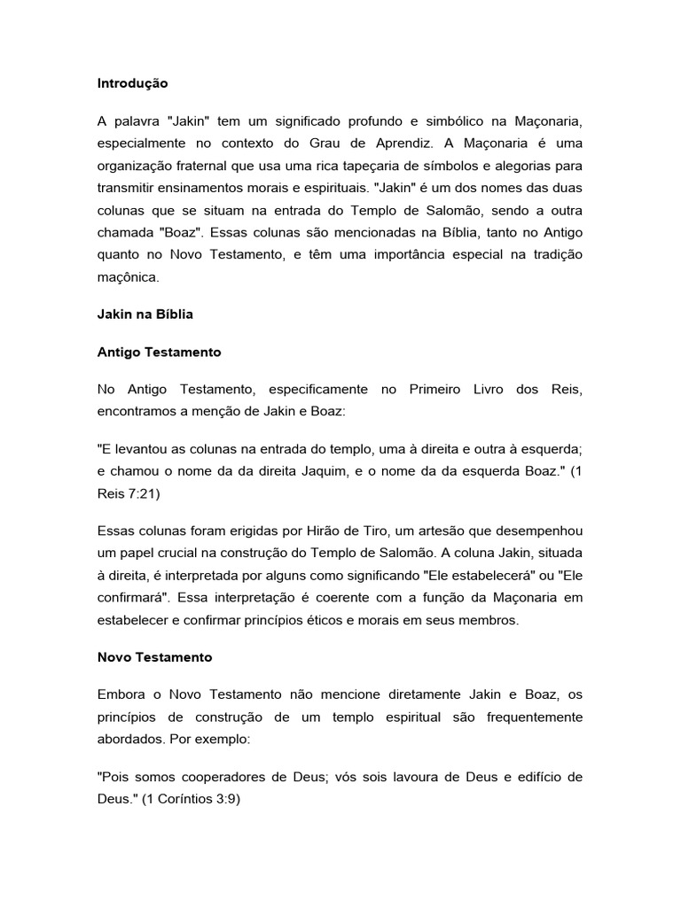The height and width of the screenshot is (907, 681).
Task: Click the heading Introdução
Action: [132, 83]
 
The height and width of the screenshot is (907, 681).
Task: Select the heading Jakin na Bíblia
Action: [145, 314]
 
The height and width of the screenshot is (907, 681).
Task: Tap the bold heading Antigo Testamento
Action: [159, 352]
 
